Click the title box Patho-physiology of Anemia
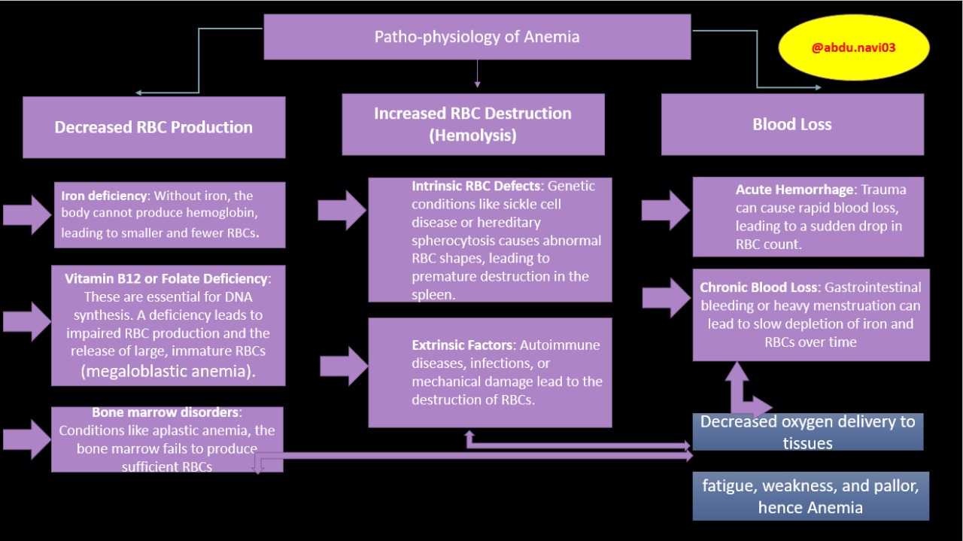pos(476,37)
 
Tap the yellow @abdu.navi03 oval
pos(853,47)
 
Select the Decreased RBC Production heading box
pos(153,127)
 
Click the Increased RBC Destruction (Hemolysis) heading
pos(472,124)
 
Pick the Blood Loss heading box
pos(791,124)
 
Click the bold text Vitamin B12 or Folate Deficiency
pos(166,278)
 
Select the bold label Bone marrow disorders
pos(166,412)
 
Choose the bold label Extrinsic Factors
pos(462,345)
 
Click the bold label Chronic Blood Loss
pos(759,287)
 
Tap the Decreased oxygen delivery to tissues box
pos(807,432)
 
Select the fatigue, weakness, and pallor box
pos(810,496)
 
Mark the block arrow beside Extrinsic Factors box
pos(344,366)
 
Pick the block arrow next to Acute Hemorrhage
pos(666,210)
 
